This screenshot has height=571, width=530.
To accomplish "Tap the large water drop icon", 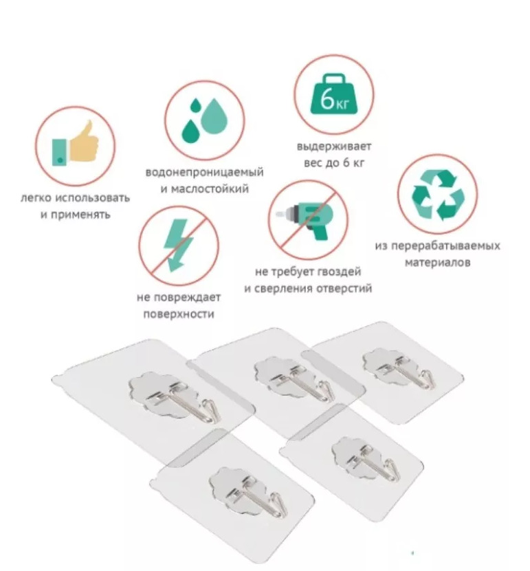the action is coord(214,116).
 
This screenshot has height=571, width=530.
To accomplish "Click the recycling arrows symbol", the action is coord(438,195).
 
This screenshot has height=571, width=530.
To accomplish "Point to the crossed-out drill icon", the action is coord(308,219).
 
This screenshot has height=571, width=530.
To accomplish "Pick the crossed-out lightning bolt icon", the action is coord(179,245).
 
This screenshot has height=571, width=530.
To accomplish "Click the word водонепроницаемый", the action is coord(204,172).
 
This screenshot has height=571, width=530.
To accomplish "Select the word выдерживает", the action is coord(334,147).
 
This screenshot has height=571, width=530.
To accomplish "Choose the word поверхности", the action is coord(179,314).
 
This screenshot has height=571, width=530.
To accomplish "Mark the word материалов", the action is coord(438,263).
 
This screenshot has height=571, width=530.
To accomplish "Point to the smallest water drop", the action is coord(196,105).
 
